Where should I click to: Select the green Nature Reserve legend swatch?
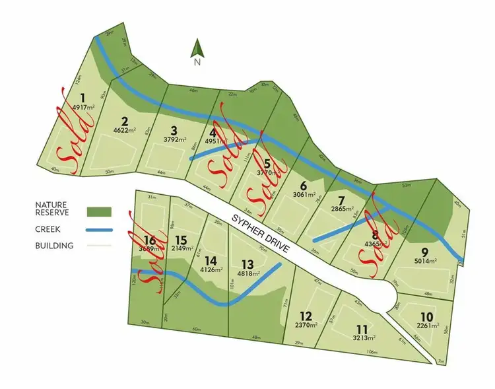99,212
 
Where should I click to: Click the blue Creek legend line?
99,230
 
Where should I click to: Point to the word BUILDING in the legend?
55,246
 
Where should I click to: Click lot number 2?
124,121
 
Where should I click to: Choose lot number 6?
304,186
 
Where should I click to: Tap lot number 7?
341,200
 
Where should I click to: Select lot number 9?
424,252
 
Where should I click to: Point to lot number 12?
305,316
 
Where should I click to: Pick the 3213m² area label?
362,337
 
